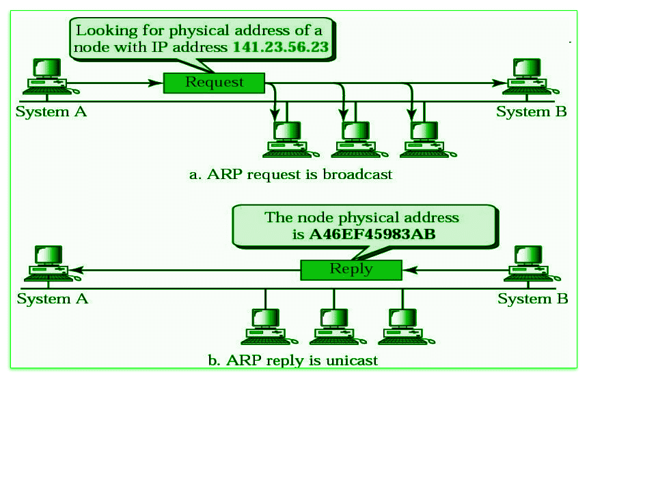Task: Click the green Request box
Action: tap(214, 83)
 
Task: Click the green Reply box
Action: tap(351, 269)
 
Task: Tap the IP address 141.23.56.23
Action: tap(280, 48)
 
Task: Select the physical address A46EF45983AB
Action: tap(372, 234)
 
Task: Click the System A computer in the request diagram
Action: tap(46, 76)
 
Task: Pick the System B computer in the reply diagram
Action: tap(529, 264)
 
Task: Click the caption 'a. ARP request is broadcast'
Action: tap(290, 174)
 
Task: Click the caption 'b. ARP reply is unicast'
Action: tap(292, 359)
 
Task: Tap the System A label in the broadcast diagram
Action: tap(51, 111)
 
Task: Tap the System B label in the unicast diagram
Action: tap(532, 299)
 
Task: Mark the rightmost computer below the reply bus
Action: tap(403, 326)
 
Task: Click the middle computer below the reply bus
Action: tap(334, 326)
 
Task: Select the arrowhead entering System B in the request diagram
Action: tap(501, 83)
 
